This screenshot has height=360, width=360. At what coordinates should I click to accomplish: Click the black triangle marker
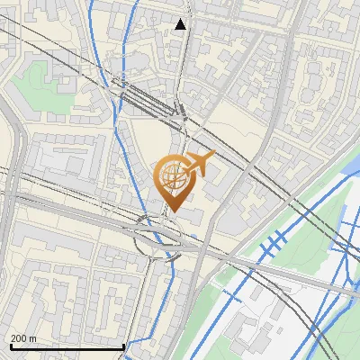click(x=181, y=24)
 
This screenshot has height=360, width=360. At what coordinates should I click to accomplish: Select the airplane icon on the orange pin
click(x=199, y=164)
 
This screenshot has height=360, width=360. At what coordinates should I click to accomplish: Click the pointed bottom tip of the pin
click(x=174, y=212)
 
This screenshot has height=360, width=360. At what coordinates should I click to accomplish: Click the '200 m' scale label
click(x=24, y=338)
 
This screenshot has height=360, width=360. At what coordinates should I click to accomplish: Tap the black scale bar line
click(x=67, y=346)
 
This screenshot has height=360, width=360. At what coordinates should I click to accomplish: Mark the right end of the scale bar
click(x=123, y=346)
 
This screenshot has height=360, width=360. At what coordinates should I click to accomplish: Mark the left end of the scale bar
click(x=10, y=346)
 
